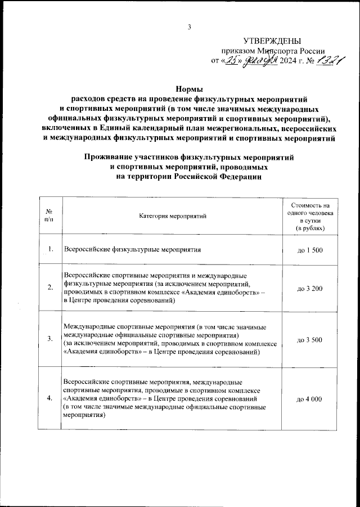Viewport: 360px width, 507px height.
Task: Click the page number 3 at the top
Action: [190, 26]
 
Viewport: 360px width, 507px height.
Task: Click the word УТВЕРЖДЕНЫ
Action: [272, 41]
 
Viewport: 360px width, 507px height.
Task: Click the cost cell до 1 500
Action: [309, 249]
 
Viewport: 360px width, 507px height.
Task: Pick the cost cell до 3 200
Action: [309, 288]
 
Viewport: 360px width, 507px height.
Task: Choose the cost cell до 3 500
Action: [309, 339]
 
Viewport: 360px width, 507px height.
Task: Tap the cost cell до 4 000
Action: [309, 398]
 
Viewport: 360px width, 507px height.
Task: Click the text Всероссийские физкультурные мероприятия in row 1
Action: [132, 249]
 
